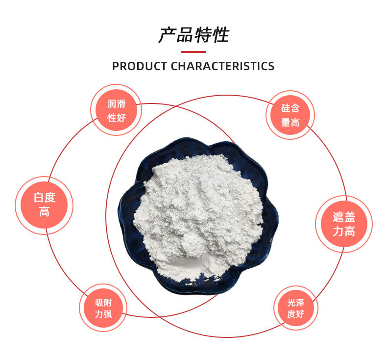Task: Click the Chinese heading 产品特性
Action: tap(193, 35)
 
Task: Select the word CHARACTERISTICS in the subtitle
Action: tap(222, 66)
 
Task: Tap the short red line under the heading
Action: tap(193, 51)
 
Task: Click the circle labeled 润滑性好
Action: tap(117, 111)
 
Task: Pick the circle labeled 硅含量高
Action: tap(290, 115)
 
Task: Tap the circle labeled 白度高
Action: tap(44, 205)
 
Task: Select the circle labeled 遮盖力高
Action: tap(343, 224)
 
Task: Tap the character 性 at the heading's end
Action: tap(220, 35)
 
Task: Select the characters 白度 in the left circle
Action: tap(44, 198)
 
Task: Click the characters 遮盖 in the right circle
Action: tap(343, 217)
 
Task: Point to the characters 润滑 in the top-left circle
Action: tap(117, 104)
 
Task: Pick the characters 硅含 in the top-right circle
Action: tap(290, 108)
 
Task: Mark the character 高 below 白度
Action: tap(44, 212)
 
